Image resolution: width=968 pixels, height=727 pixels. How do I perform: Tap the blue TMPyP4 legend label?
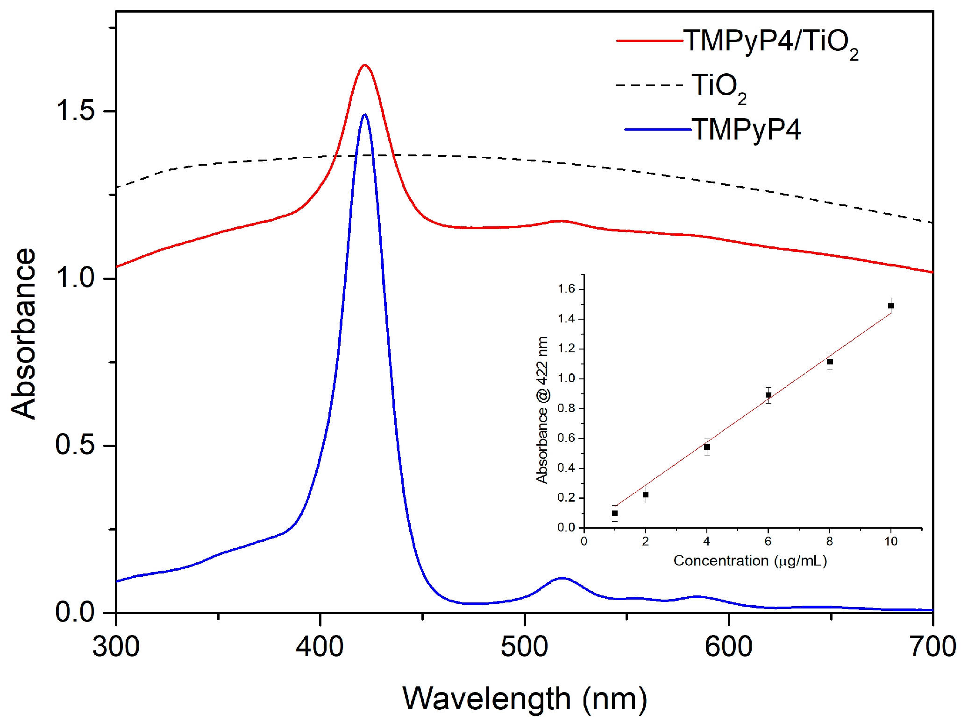click(x=746, y=129)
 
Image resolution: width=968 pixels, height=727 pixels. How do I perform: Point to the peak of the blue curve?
click(x=364, y=115)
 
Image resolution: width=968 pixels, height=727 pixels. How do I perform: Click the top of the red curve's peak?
click(x=364, y=65)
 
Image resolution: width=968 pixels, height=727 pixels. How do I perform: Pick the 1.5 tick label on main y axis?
click(x=75, y=111)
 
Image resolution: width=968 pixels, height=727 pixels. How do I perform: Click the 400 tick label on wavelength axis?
click(x=320, y=647)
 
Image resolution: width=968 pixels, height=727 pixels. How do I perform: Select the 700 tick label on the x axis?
click(x=932, y=647)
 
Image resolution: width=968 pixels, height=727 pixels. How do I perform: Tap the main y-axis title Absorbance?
click(x=23, y=334)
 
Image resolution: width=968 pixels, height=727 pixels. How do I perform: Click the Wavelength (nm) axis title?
click(x=525, y=699)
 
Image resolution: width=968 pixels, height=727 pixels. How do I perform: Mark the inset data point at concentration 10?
click(x=891, y=306)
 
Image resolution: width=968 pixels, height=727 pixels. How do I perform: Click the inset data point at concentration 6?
click(x=768, y=395)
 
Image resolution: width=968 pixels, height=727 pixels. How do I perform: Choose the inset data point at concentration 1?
click(x=615, y=513)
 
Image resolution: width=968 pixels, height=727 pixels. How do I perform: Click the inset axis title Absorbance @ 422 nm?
click(x=542, y=410)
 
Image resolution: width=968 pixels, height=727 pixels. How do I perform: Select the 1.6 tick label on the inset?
click(x=566, y=289)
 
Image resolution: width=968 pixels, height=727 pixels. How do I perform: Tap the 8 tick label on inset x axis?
click(x=829, y=541)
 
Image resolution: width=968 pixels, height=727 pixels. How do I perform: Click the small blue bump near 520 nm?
click(x=562, y=578)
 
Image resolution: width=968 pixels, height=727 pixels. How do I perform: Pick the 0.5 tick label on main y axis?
click(x=75, y=445)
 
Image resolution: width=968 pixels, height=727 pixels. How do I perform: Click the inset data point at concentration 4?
click(x=707, y=447)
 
